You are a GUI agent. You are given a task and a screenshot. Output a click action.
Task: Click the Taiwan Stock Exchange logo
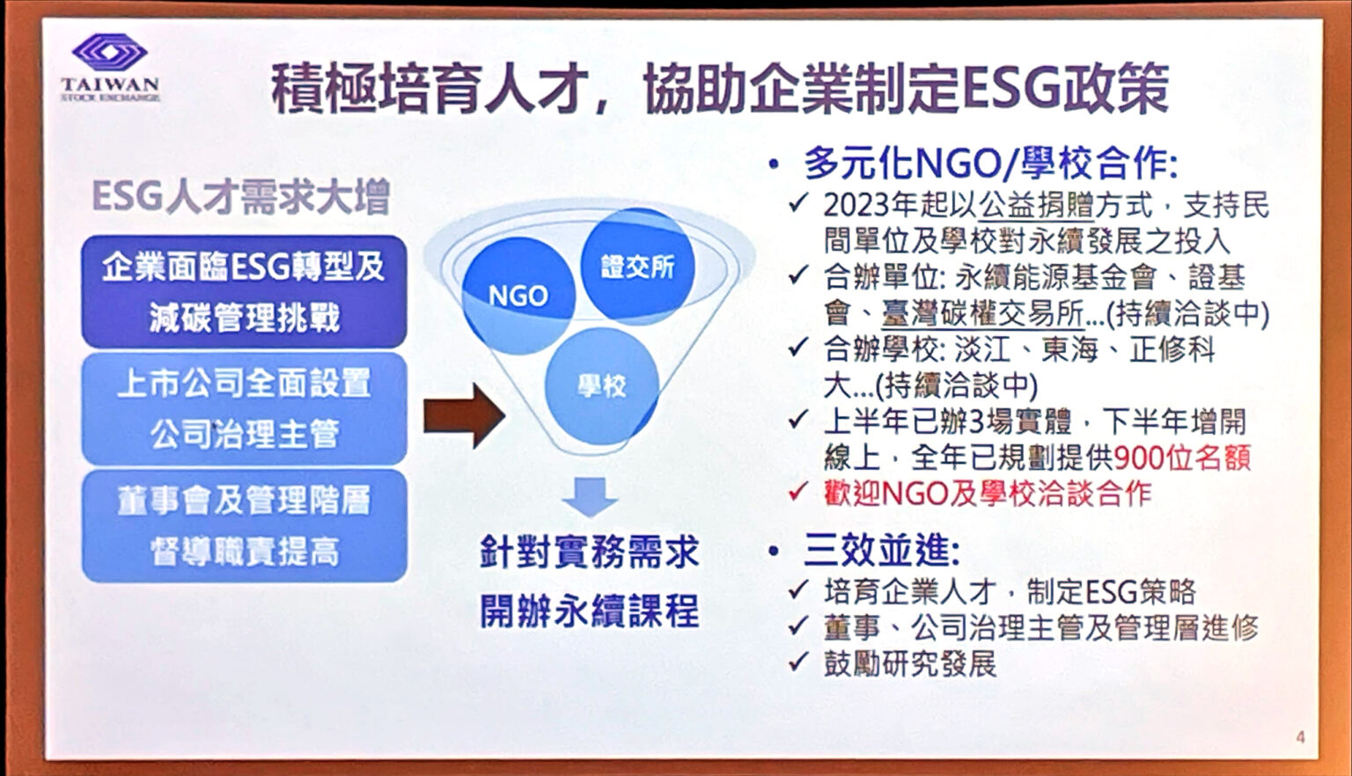click(110, 68)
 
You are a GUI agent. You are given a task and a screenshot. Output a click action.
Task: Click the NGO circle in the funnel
click(518, 296)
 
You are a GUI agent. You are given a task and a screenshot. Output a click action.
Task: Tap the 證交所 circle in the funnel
click(637, 266)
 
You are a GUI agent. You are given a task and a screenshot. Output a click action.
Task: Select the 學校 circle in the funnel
click(602, 385)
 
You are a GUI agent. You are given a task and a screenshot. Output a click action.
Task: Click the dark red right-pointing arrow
click(463, 415)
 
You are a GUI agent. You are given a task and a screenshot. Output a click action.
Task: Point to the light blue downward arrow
click(590, 496)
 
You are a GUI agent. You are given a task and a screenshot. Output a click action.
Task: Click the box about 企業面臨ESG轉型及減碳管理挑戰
click(244, 291)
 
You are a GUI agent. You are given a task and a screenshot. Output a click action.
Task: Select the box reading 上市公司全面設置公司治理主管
click(244, 408)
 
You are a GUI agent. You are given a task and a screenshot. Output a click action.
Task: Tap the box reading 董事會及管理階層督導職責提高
click(244, 525)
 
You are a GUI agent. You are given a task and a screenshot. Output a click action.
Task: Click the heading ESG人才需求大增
click(240, 196)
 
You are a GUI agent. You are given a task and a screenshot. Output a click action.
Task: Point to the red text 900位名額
click(1181, 458)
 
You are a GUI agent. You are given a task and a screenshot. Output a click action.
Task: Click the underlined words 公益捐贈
click(1036, 206)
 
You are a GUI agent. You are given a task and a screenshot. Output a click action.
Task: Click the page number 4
click(1300, 737)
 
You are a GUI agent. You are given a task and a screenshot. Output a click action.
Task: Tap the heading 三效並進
click(881, 551)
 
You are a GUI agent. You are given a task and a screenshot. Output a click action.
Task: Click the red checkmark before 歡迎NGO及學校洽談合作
click(798, 492)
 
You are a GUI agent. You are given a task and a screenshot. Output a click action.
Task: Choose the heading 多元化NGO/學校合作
click(990, 164)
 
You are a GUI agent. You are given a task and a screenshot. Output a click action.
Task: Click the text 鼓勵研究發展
click(909, 663)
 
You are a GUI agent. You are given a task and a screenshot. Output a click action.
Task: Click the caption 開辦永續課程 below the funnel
click(589, 611)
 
